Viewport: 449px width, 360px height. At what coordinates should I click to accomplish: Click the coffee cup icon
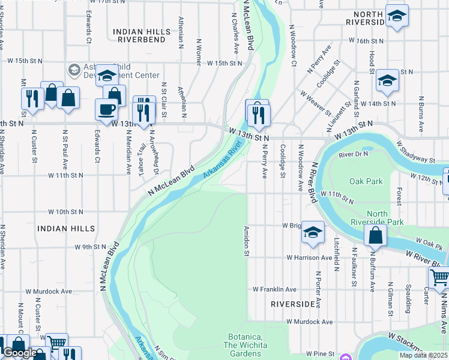click(106, 109)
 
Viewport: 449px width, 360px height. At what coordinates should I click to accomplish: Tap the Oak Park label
click(366, 181)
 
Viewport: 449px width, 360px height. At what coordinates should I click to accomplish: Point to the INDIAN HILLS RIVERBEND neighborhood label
click(142, 34)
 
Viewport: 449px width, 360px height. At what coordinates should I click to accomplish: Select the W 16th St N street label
click(367, 41)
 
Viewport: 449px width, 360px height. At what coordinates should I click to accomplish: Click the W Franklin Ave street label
click(274, 289)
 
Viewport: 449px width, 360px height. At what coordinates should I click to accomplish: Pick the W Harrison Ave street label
click(309, 257)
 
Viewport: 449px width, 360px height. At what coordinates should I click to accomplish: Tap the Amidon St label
click(246, 241)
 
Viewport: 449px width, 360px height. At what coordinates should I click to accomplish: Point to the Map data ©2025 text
click(423, 355)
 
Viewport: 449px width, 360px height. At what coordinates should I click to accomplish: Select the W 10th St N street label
click(65, 212)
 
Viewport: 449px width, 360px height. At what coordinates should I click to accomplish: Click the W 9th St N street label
click(91, 247)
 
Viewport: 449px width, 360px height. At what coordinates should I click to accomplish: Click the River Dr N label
click(353, 154)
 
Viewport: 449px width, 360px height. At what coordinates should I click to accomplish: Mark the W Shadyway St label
click(416, 152)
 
